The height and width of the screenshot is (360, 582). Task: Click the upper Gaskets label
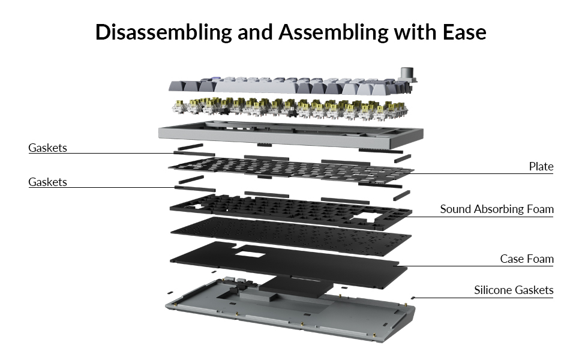tap(47, 148)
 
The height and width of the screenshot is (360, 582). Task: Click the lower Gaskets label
tap(47, 182)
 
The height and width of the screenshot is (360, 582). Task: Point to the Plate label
tap(541, 166)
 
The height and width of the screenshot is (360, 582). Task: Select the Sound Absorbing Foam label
tap(496, 209)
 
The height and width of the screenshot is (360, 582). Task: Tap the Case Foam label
tap(526, 259)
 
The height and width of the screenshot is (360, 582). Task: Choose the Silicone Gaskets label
tap(514, 290)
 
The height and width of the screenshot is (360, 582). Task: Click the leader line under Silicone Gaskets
tap(480, 298)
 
